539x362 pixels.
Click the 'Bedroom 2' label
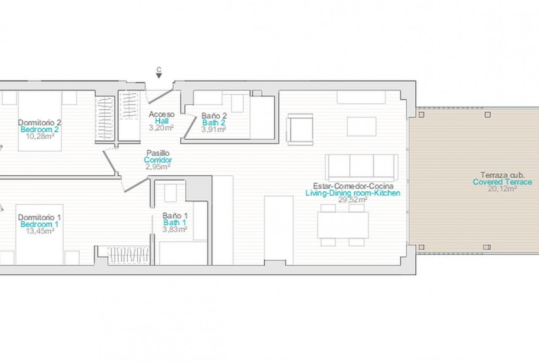[40, 130]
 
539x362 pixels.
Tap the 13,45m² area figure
[40, 231]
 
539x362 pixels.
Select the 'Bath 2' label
[214, 123]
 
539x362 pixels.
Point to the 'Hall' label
[162, 121]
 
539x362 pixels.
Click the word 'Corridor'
[158, 160]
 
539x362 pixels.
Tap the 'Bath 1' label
[175, 223]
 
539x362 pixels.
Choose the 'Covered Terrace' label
[502, 182]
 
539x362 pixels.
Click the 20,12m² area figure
[503, 189]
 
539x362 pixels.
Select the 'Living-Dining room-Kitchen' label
[353, 193]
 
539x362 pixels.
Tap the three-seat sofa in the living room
[362, 167]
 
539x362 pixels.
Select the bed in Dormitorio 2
[40, 121]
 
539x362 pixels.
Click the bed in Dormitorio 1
[40, 235]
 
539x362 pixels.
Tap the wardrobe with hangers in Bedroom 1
[129, 255]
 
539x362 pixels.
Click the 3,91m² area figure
[214, 130]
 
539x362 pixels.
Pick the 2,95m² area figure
[158, 167]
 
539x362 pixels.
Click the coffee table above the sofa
[362, 127]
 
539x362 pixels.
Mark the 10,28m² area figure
[40, 136]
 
